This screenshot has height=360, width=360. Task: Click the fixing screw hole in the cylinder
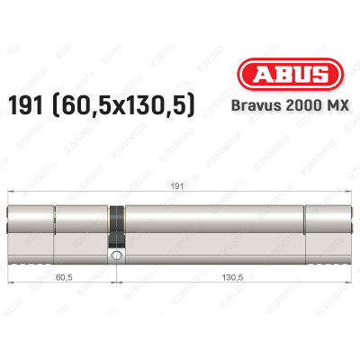(x=116, y=257)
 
